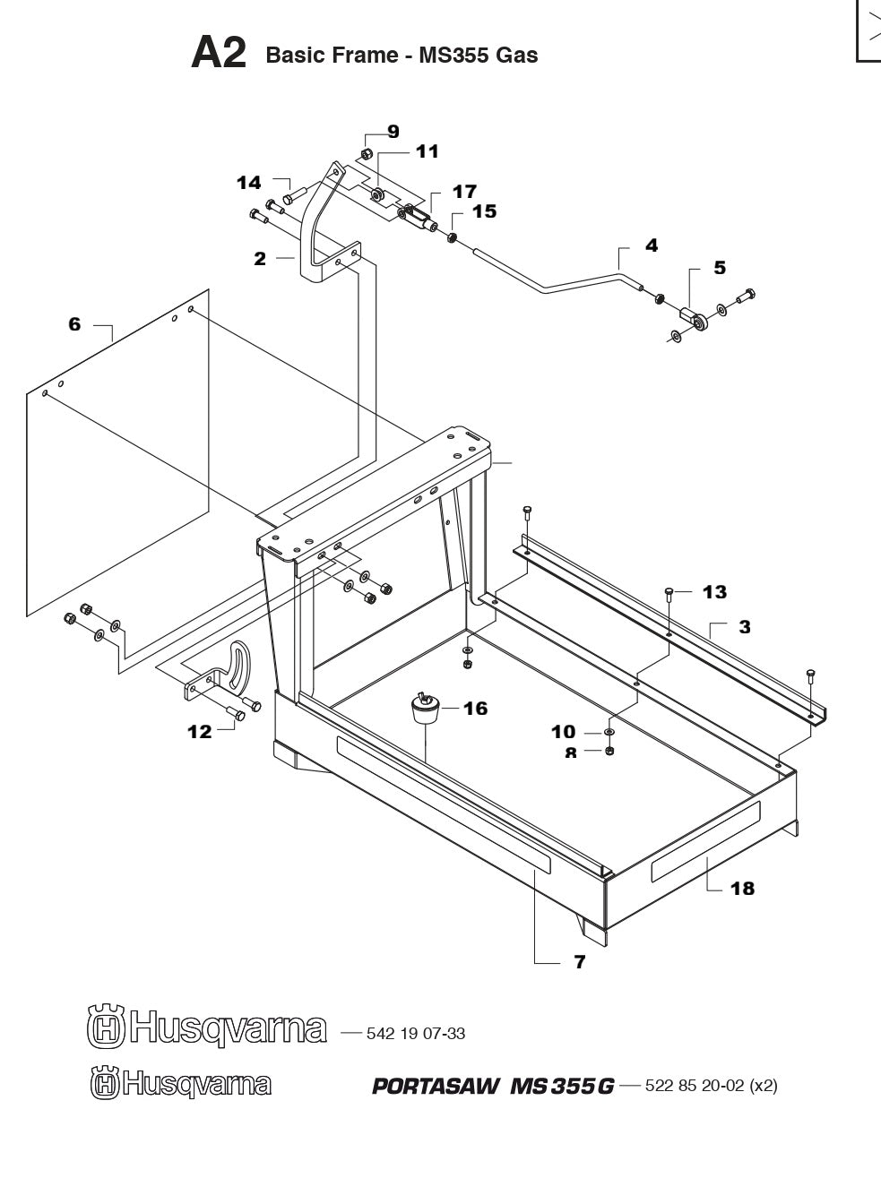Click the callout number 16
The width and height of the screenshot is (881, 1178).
[475, 709]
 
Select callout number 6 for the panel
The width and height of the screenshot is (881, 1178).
[74, 324]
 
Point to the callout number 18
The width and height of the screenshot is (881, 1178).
[742, 889]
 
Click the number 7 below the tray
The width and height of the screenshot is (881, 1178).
[579, 962]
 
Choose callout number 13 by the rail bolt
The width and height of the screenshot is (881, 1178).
[714, 592]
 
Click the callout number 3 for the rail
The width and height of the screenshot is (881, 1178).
[745, 627]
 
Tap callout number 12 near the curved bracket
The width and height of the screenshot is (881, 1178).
[200, 732]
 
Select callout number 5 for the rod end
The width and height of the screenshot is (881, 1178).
[720, 268]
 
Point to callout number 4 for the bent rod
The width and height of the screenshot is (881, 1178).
[652, 245]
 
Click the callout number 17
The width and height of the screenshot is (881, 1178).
[464, 192]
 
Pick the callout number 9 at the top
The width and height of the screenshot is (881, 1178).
[393, 132]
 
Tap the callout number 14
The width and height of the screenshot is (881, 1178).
[248, 183]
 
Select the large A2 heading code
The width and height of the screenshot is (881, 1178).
[219, 55]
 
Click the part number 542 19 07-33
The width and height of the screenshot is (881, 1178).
[415, 1034]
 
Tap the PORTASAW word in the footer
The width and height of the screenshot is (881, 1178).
[436, 1087]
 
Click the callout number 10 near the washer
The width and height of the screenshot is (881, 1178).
[563, 733]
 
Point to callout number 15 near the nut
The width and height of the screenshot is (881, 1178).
[484, 211]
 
